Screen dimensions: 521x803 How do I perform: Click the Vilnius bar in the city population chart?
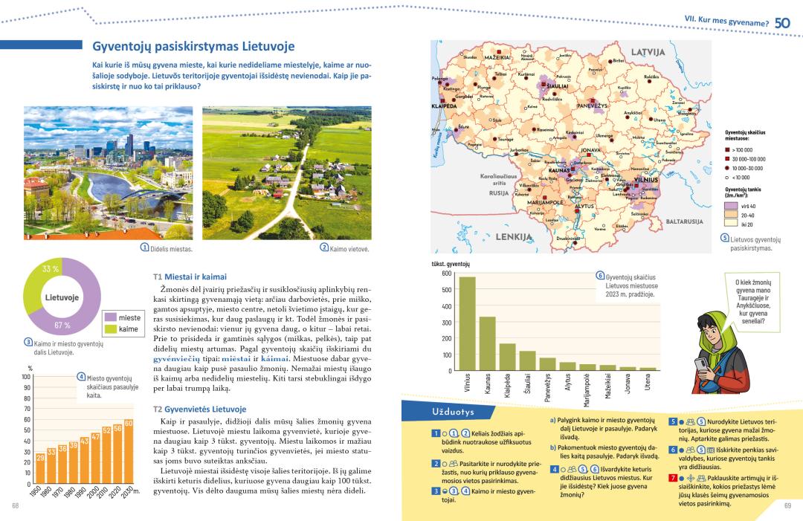(x=467, y=323)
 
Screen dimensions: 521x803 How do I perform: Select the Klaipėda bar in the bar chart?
(x=507, y=357)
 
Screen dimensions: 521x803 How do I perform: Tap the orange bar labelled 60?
(x=129, y=451)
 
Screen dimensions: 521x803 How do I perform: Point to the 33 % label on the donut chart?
(x=51, y=269)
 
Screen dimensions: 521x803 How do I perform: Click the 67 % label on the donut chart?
(x=62, y=325)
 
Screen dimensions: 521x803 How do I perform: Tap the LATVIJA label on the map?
(x=647, y=53)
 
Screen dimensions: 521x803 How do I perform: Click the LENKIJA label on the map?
(x=514, y=236)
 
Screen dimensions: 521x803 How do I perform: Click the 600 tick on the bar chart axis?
(x=446, y=273)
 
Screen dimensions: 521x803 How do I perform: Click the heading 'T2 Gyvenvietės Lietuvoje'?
(x=199, y=410)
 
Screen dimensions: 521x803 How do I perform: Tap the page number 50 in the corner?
(x=782, y=23)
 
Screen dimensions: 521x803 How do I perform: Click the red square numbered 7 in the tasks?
(x=672, y=477)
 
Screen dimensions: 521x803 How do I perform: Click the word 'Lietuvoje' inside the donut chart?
(x=62, y=297)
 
